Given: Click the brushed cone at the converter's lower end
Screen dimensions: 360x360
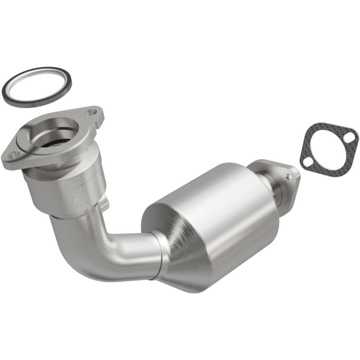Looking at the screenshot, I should click(189, 256).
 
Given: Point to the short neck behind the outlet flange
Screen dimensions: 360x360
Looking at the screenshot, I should click(274, 189).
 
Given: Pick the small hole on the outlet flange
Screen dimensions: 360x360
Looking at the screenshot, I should click(288, 177).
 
